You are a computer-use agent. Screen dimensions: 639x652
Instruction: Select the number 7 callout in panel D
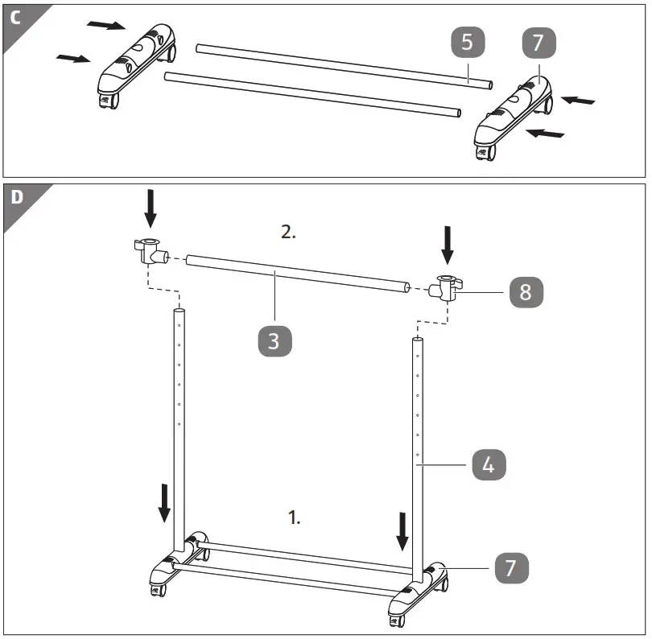[509, 568]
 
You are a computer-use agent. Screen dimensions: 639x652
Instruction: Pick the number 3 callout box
[274, 340]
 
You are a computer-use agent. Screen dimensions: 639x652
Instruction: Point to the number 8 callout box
[525, 291]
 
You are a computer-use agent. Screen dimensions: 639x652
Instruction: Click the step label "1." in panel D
[295, 517]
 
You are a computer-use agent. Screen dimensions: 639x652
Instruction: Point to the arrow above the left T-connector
[150, 208]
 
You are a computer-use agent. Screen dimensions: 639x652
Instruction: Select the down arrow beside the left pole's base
[164, 503]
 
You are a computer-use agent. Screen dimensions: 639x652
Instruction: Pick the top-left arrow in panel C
[105, 25]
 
